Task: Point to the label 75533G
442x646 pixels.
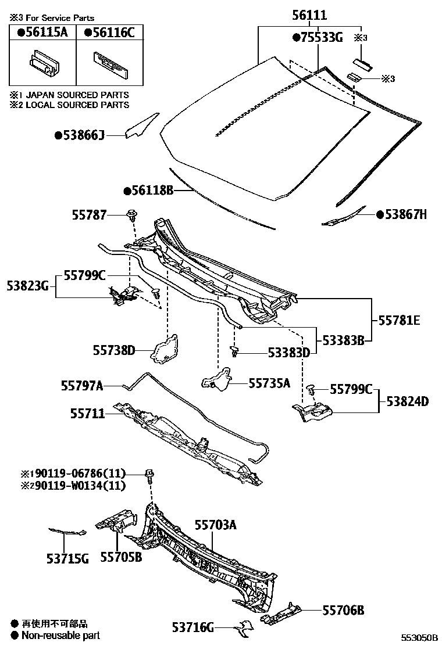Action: pos(318,38)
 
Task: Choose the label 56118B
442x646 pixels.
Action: pos(149,191)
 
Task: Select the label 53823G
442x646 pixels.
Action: pos(27,285)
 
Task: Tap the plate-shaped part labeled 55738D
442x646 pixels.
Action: pos(165,349)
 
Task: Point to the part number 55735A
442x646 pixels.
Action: pos(269,383)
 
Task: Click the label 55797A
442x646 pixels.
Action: pos(82,385)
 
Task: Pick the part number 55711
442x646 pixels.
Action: pos(88,414)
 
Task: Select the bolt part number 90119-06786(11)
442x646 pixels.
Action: pos(73,474)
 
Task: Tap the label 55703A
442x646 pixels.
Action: pos(215,525)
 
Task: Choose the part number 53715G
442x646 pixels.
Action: pos(67,559)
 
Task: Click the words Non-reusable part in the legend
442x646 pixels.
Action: pos(60,636)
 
